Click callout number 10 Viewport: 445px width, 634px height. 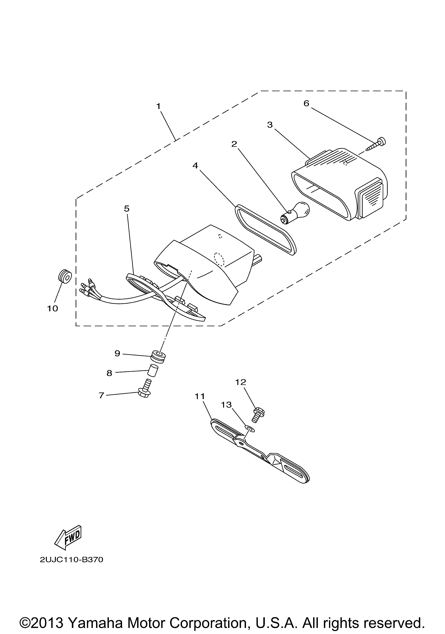pyautogui.click(x=52, y=308)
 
